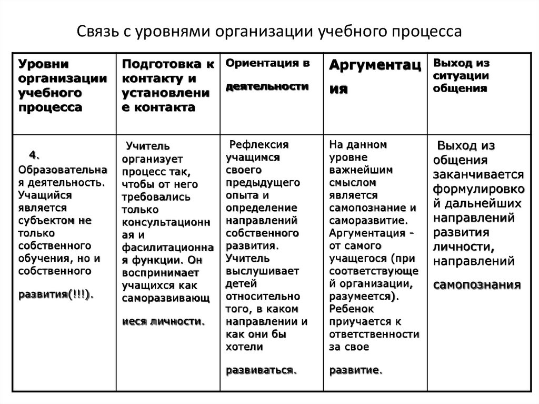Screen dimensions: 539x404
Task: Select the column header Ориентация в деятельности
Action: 267,75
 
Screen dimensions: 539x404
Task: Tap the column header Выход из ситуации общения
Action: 462,76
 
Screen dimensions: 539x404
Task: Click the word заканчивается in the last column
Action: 478,174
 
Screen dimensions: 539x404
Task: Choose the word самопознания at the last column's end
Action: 477,284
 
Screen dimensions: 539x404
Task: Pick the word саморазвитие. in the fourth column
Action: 367,220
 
